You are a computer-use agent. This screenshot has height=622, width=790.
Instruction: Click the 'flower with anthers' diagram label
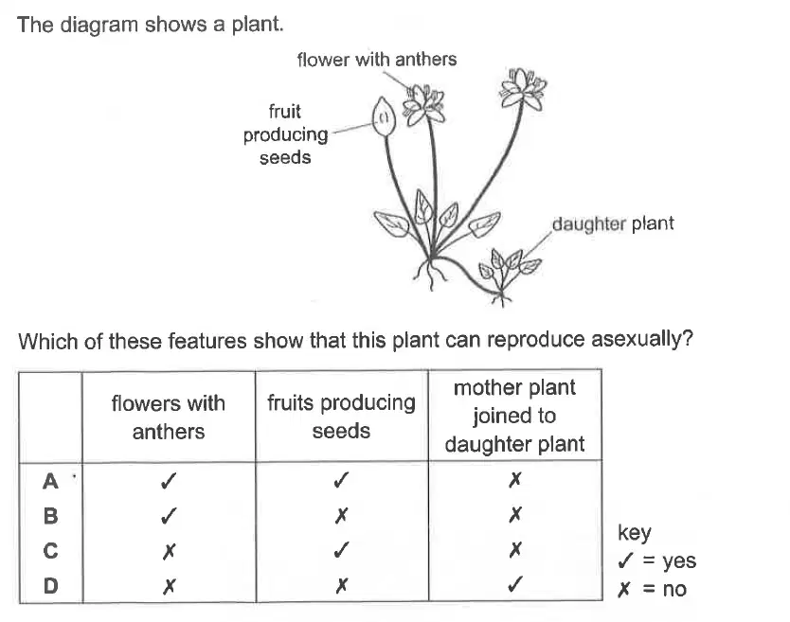click(377, 60)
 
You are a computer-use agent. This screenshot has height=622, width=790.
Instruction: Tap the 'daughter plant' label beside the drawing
click(613, 223)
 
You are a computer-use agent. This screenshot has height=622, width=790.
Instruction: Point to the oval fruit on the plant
click(384, 116)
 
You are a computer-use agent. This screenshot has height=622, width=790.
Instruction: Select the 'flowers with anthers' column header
click(169, 417)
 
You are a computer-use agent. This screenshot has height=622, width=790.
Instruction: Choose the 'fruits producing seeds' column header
click(341, 417)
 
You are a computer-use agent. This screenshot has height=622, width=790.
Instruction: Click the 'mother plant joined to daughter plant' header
click(514, 416)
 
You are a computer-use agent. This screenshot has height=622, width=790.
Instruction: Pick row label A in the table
click(50, 481)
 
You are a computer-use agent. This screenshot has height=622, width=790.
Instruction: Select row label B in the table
click(50, 516)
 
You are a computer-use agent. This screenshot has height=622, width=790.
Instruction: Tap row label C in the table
click(50, 550)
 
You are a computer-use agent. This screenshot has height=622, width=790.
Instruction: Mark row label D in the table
click(50, 585)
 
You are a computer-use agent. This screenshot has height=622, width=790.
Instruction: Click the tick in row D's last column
click(515, 584)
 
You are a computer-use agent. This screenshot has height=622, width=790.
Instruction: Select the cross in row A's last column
click(515, 479)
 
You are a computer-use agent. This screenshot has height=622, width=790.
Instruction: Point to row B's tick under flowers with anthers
click(169, 516)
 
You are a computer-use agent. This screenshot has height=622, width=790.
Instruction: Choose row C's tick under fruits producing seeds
click(341, 550)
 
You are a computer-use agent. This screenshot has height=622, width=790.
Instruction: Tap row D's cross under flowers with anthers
click(169, 586)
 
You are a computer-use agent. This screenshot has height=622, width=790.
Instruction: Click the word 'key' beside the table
click(635, 532)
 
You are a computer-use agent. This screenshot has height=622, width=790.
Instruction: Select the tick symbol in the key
click(625, 560)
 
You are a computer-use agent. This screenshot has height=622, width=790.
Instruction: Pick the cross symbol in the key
click(623, 589)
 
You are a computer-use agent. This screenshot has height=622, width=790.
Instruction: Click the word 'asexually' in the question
click(642, 340)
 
